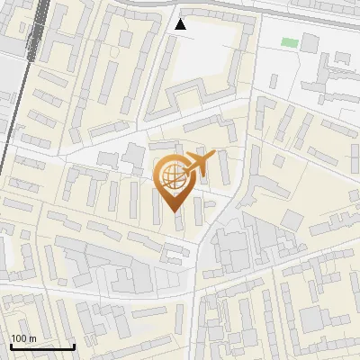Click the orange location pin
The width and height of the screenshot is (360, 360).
pos(172,180)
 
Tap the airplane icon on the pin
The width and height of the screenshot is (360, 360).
pos(198,166)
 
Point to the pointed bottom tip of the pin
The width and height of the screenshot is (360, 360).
pos(172,211)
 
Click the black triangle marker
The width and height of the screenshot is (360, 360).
pos(181,24)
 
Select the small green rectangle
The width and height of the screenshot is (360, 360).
pos(289,41)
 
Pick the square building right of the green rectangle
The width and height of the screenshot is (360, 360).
pos(310,42)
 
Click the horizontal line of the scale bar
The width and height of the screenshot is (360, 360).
pos(41,346)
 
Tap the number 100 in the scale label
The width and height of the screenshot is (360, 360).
pos(20,338)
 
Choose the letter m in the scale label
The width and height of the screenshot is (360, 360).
pos(32,338)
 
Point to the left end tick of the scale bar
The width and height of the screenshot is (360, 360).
pos(11,345)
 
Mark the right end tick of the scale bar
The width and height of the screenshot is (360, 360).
pos(73,345)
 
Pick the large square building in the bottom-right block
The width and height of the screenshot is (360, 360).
pos(314,319)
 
